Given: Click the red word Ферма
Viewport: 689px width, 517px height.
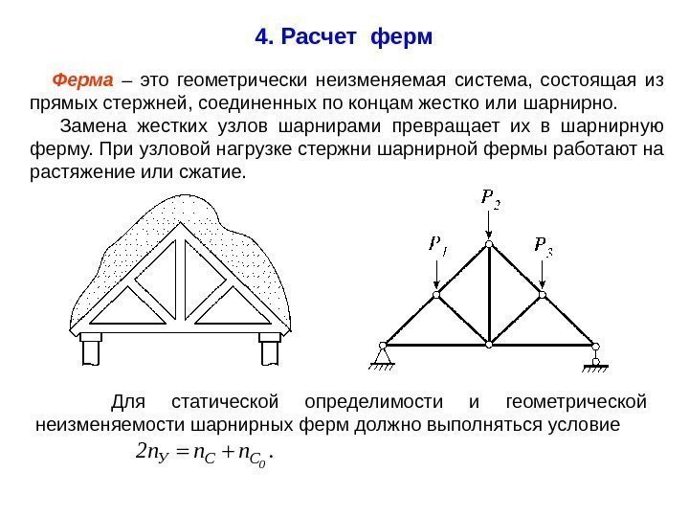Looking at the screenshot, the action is tap(82, 79).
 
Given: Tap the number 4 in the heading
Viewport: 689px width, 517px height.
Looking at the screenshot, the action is tap(261, 38).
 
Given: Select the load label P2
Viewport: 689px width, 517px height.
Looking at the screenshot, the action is tap(490, 198).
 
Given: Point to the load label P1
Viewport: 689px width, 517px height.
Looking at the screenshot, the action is tap(439, 246).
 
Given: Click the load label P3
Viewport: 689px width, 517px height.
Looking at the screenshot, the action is tap(544, 246).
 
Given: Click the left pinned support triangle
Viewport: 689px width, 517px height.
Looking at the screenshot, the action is tap(384, 357).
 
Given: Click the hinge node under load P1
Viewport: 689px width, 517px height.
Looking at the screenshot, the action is tap(436, 295).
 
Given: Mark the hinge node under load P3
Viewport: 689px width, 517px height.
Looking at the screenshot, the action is tap(543, 295).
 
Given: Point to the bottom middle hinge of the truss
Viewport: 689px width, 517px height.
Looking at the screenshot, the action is tap(489, 344).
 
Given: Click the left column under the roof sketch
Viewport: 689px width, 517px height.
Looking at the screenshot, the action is tap(92, 349).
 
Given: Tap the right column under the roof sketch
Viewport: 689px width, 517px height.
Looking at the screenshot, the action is tap(269, 349).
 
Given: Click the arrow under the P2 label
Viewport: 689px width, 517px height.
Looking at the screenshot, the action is tap(489, 224).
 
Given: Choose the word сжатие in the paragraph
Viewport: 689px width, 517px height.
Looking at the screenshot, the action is tap(217, 173).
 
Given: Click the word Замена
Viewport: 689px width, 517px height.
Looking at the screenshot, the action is tap(92, 126).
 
